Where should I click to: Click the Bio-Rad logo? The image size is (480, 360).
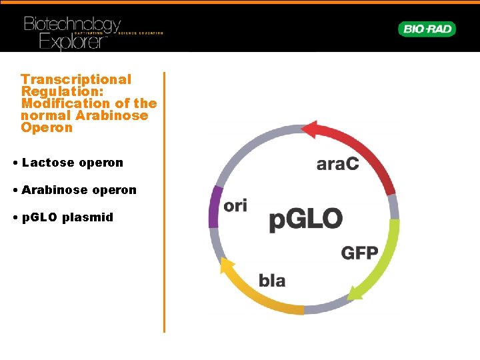point(427,29)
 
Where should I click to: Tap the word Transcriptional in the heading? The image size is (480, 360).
point(76,79)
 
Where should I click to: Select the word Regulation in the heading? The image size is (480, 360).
point(59,91)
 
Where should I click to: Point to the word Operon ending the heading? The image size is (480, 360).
point(47,127)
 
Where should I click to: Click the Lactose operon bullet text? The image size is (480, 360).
point(72,163)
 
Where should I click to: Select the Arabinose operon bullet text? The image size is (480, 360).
point(79,190)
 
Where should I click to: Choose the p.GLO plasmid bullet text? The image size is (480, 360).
point(67,217)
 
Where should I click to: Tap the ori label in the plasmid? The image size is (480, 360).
point(235,205)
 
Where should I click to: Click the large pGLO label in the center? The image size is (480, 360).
point(306,219)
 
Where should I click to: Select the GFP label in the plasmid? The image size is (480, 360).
point(359,253)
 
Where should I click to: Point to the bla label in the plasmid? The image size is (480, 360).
point(272,280)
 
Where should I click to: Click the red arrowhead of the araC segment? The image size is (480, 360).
point(311,129)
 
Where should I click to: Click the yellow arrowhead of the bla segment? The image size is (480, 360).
point(227,266)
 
